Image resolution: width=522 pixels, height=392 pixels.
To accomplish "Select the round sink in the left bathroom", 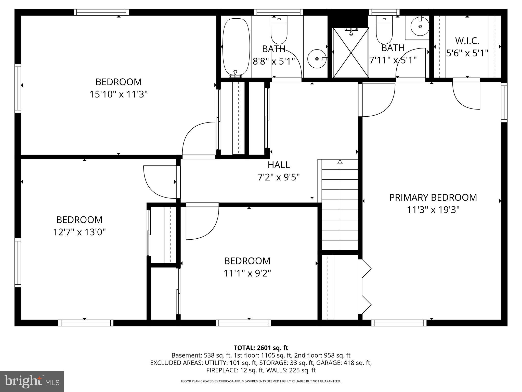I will [x=317, y=59].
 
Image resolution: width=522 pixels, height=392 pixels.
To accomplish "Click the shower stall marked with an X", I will [x=351, y=53].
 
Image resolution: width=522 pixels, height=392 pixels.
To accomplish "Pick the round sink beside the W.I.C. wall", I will [x=420, y=26].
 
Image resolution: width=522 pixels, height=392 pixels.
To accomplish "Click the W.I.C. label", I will [x=467, y=41].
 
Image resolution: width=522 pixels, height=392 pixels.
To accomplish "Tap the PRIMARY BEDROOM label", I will [x=433, y=198].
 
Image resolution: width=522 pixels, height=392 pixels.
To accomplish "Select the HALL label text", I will [x=279, y=165].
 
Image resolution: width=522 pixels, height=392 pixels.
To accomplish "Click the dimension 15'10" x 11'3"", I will [x=119, y=94].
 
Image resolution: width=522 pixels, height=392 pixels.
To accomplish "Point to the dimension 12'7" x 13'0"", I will [x=79, y=232].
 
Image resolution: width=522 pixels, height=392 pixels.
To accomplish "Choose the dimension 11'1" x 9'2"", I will [x=247, y=273].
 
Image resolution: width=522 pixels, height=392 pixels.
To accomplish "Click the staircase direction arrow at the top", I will [x=340, y=162].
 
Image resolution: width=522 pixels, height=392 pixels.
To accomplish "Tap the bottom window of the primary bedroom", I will [x=399, y=323].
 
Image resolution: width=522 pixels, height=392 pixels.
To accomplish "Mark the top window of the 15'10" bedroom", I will [x=101, y=12].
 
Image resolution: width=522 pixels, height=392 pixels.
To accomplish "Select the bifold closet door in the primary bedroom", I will [x=366, y=287].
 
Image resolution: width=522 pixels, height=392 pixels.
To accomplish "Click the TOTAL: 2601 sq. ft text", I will [x=261, y=348].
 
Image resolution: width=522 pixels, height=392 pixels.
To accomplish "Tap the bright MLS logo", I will [x=32, y=382].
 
